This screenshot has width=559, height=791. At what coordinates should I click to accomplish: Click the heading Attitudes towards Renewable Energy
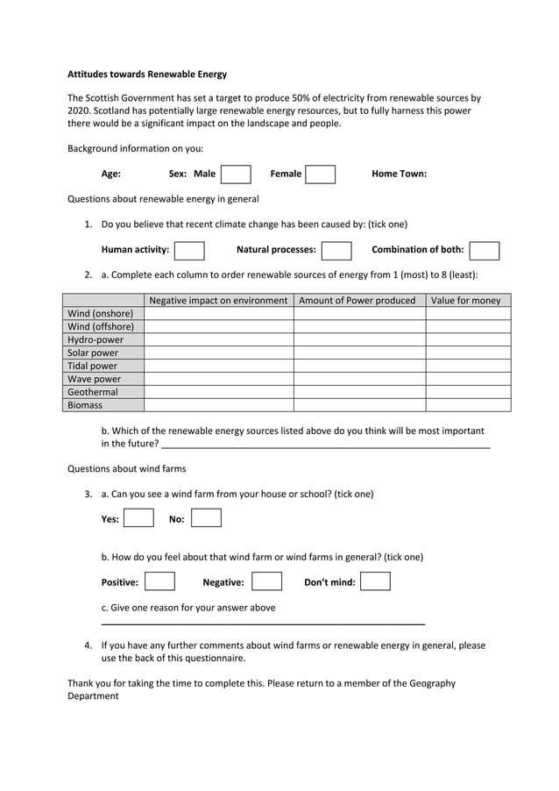pos(147,75)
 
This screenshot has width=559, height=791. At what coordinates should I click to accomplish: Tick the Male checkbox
pos(236,174)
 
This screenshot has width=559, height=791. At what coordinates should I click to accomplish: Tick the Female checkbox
pos(320,174)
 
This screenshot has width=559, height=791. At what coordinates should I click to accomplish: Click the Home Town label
pos(399,174)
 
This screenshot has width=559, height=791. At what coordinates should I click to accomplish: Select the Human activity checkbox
pos(189,251)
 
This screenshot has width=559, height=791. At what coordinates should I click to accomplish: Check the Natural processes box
pos(336,251)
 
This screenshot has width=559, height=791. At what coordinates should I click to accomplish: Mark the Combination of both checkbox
pos(485,251)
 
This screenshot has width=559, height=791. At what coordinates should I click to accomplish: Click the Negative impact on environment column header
pos(218,301)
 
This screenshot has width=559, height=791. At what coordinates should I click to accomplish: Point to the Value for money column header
pos(468,301)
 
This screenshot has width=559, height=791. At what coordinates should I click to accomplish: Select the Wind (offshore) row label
pos(101,326)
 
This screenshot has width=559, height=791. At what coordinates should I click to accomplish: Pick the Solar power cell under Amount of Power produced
pos(359,353)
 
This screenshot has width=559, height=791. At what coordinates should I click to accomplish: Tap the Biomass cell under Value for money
pos(468,405)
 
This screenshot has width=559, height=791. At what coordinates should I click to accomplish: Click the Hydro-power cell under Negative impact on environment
pos(218,339)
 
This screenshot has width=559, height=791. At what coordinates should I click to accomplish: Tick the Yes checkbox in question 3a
pos(138,518)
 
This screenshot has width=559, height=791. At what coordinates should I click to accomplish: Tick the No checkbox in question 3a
pos(206,518)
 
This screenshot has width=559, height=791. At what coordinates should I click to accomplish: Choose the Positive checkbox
pos(159,581)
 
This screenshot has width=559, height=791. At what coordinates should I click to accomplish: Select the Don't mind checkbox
pos(375,581)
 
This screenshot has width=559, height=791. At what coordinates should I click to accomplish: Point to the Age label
pos(111,174)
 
